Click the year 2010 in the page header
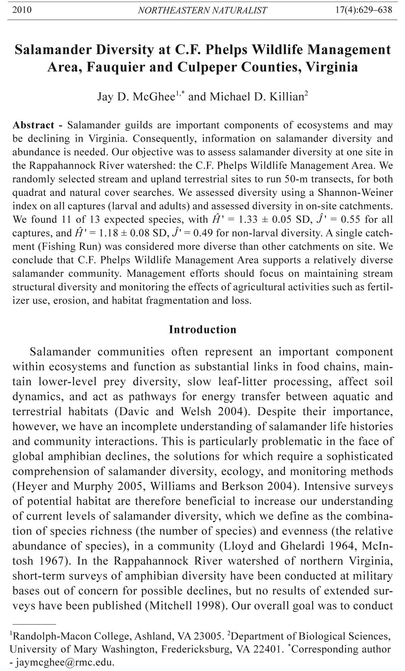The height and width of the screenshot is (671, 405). pyautogui.click(x=22, y=10)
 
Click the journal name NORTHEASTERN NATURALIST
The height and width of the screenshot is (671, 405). pyautogui.click(x=202, y=10)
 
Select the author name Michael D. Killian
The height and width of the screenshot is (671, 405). pyautogui.click(x=256, y=97)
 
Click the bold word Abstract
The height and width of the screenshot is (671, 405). pyautogui.click(x=33, y=125)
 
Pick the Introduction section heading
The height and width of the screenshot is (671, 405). pyautogui.click(x=202, y=329)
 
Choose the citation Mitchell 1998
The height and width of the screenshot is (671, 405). pyautogui.click(x=185, y=605)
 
